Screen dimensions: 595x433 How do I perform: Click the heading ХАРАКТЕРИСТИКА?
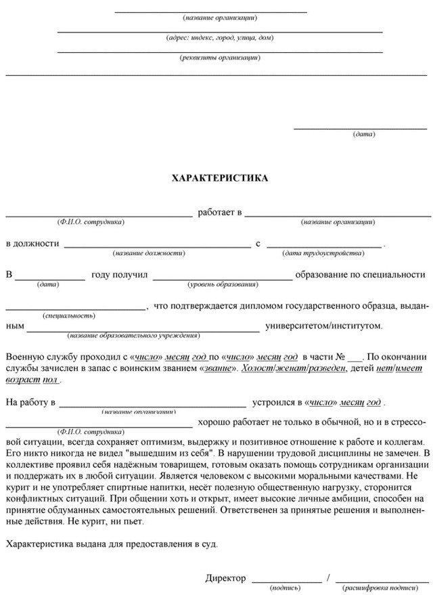point(220,178)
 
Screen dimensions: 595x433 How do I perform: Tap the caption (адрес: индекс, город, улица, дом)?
point(220,37)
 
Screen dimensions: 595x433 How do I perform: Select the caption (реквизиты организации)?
point(220,58)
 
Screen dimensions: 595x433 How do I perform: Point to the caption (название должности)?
point(149,252)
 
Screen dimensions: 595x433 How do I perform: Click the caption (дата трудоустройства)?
point(323,252)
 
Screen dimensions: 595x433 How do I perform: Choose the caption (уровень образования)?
point(223,284)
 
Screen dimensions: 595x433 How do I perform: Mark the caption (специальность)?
point(68,315)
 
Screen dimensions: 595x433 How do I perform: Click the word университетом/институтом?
point(323,326)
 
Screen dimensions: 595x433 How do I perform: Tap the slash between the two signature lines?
point(328,578)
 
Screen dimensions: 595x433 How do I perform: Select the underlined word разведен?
point(327,368)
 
